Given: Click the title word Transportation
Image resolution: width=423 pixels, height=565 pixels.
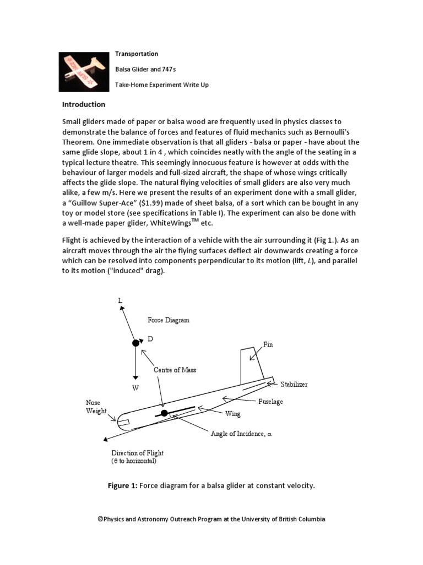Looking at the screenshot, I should [136, 54].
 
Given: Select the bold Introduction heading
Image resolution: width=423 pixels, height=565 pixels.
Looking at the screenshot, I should [83, 104].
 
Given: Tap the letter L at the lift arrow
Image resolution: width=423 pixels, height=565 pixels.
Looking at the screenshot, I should [120, 301].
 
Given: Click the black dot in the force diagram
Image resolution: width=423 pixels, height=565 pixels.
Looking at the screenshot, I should [135, 343].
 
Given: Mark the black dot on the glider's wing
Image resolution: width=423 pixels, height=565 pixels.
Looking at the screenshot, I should [164, 413].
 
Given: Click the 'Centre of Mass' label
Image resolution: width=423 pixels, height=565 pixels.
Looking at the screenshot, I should [175, 369].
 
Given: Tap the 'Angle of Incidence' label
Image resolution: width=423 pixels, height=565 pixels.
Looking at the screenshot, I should [241, 434].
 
